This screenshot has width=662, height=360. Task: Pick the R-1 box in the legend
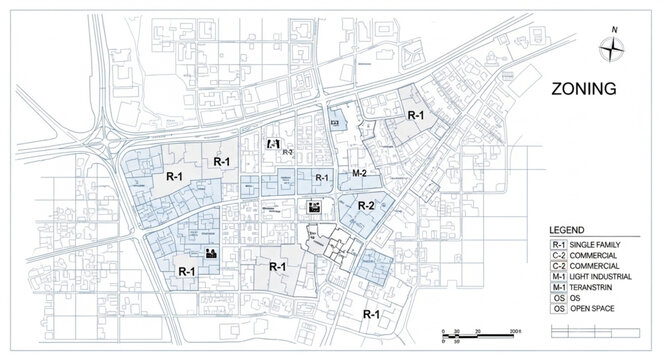(559, 244)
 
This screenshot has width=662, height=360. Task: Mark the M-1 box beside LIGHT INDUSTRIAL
(559, 277)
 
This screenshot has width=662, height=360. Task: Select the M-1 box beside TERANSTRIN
(559, 288)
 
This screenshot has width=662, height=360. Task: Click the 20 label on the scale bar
(478, 331)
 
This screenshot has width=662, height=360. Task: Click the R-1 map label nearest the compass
(415, 116)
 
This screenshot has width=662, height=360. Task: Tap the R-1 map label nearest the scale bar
(372, 314)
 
